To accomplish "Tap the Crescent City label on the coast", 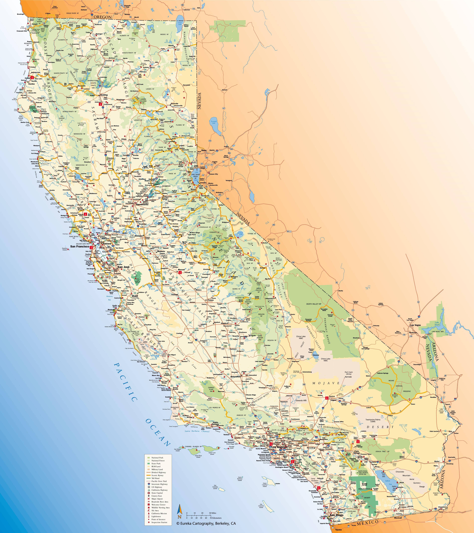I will point(22,31).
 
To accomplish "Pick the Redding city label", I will point(104,95).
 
